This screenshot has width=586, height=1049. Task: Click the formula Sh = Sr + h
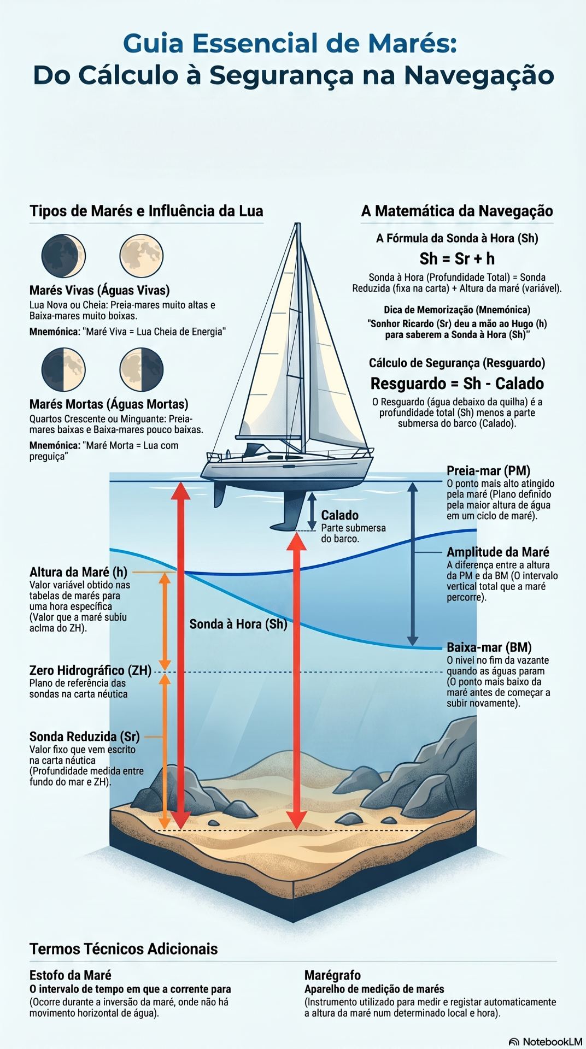[457, 258]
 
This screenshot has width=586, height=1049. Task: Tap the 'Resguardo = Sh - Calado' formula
[457, 384]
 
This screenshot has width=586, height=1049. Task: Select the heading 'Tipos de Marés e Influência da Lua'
[146, 211]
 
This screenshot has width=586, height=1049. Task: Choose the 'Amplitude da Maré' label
[498, 552]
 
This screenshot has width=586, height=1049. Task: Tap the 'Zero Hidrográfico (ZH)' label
[90, 670]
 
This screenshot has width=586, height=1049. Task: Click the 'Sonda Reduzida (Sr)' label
[85, 736]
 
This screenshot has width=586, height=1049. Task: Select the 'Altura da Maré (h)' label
[78, 572]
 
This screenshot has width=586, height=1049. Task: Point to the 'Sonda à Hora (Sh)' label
[238, 624]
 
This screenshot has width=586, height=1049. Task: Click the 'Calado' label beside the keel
[340, 515]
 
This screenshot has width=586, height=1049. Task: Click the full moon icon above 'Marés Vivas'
[142, 256]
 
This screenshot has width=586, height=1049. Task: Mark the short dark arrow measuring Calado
[312, 511]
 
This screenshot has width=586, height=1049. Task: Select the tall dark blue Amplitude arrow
[413, 564]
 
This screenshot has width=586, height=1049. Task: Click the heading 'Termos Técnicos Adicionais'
[124, 949]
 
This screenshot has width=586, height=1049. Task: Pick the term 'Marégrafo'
[332, 975]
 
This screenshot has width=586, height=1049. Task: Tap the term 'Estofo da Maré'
[71, 975]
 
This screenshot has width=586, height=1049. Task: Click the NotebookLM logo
[545, 1042]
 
